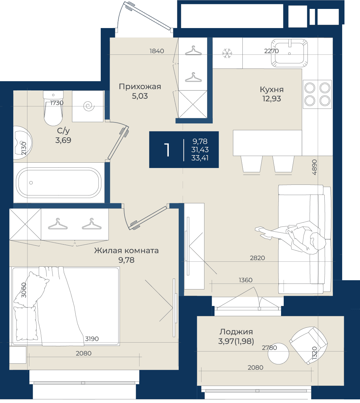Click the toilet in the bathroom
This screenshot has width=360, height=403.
click(x=53, y=108)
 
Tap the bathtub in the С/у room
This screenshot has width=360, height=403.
click(x=58, y=183)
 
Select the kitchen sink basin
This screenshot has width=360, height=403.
click(x=289, y=53)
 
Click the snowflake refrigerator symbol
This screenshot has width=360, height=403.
click(x=227, y=53)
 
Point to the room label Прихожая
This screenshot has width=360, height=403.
click(x=140, y=87)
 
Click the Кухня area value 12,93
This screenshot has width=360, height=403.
click(x=271, y=99)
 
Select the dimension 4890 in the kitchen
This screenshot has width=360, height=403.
click(x=314, y=167)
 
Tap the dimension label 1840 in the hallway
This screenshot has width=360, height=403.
click(x=157, y=51)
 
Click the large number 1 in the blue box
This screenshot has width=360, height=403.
click(x=167, y=150)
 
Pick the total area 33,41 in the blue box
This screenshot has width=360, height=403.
click(x=200, y=158)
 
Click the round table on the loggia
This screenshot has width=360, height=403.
click(x=278, y=354)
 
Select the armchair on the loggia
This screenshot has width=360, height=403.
click(x=308, y=346)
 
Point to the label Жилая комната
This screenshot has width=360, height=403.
click(x=126, y=251)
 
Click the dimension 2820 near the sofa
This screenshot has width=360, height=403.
click(x=257, y=258)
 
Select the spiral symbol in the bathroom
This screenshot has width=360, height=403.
click(x=89, y=106)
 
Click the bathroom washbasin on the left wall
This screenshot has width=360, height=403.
click(x=22, y=143)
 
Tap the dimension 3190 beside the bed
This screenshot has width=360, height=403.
click(x=92, y=339)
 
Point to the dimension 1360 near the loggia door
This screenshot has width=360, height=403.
click(x=245, y=280)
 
